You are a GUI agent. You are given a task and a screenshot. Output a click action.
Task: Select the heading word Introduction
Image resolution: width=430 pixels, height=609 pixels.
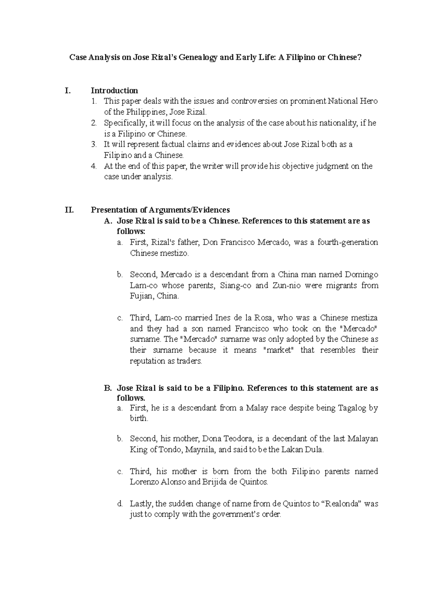coord(114,90)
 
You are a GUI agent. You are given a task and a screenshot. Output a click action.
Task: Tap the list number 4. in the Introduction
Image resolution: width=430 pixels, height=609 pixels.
coord(94,166)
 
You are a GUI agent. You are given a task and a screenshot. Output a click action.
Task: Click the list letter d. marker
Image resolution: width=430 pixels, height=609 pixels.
coord(120,504)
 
